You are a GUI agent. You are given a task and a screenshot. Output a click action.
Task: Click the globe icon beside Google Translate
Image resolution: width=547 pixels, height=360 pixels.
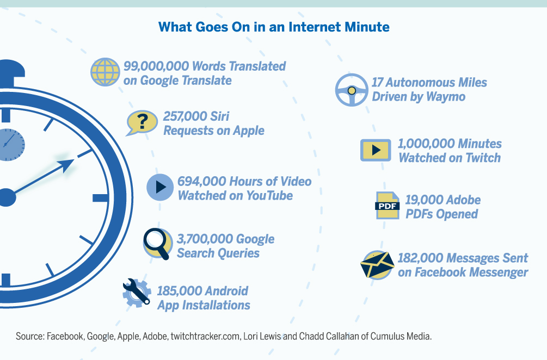click(105, 72)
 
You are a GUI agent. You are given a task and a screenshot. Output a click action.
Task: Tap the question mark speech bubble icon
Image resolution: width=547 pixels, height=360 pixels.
click(142, 123)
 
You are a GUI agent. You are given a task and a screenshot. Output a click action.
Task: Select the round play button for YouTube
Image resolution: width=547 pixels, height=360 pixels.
click(160, 188)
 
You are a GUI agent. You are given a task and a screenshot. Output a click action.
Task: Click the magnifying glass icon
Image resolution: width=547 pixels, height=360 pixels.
click(158, 244)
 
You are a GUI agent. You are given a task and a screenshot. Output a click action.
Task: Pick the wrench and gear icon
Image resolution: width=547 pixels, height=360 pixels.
click(137, 293)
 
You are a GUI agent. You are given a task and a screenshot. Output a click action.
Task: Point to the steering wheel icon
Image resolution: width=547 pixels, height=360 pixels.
click(352, 90)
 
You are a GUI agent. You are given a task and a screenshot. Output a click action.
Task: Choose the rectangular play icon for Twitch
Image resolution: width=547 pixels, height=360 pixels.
click(376, 150)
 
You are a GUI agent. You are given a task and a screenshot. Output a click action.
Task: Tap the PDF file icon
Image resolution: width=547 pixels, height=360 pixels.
click(387, 205)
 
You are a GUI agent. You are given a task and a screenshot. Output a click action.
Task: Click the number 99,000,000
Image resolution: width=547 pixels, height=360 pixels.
click(156, 66)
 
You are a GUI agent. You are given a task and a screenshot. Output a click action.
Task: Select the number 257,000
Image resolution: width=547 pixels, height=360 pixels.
click(182, 116)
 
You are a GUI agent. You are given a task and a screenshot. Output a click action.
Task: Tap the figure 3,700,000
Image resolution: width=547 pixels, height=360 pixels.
click(205, 239)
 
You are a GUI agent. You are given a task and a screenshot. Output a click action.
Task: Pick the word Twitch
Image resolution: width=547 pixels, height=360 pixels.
click(483, 158)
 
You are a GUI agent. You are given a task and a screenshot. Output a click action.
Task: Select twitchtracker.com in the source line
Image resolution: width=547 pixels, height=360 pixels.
click(205, 336)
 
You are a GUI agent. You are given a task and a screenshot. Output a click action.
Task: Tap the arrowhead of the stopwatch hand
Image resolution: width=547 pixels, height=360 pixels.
click(67, 165)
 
